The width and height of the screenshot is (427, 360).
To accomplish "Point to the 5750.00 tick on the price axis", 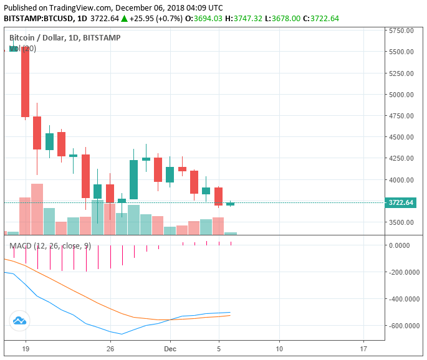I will (401, 31).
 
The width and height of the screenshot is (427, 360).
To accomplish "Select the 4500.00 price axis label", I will (401, 138).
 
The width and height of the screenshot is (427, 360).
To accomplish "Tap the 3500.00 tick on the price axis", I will (401, 222).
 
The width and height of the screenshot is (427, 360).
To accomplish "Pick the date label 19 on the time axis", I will (26, 349).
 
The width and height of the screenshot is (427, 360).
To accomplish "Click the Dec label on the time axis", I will (170, 349).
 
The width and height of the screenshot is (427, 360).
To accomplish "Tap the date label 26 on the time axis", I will (110, 349).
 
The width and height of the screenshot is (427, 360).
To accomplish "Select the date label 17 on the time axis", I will (363, 349).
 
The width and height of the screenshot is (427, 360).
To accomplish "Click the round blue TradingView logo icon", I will (19, 321).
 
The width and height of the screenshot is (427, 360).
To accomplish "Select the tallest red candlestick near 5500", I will (26, 81).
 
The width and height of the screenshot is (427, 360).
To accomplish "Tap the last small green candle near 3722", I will (230, 204).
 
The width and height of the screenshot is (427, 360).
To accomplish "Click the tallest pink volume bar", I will (37, 209).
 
